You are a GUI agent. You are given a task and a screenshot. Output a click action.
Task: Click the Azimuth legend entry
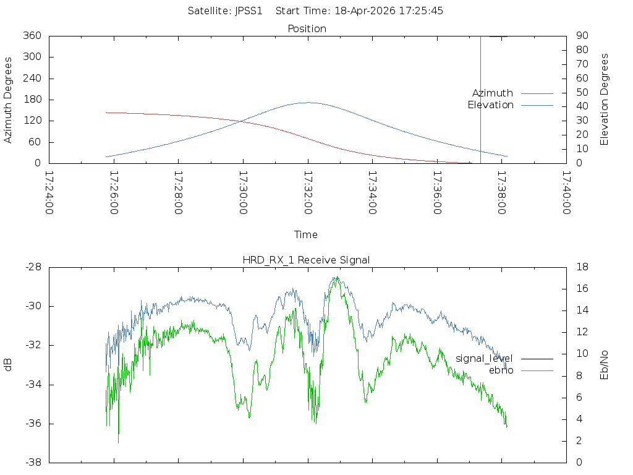pyautogui.click(x=493, y=93)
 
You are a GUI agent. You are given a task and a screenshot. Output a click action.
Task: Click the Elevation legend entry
pyautogui.click(x=490, y=105)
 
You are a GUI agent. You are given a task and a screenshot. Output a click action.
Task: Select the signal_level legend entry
pyautogui.click(x=484, y=359)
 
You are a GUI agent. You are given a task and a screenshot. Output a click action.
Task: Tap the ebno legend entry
pyautogui.click(x=501, y=370)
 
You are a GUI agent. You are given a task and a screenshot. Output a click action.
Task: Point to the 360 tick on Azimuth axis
pyautogui.click(x=32, y=36)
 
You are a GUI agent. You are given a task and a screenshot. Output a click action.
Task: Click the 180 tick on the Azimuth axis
pyautogui.click(x=32, y=100)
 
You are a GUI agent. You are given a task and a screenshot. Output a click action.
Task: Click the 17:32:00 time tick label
pyautogui.click(x=308, y=192)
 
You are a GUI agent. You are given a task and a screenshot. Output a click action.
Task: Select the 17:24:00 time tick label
pyautogui.click(x=49, y=192)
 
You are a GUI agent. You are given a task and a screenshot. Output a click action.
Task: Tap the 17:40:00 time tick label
pyautogui.click(x=566, y=192)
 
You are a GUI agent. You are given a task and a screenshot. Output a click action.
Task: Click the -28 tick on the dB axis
pyautogui.click(x=33, y=267)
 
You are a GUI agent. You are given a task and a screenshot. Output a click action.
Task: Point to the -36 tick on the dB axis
pyautogui.click(x=33, y=424)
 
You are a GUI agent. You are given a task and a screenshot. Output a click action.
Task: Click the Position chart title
pyautogui.click(x=307, y=29)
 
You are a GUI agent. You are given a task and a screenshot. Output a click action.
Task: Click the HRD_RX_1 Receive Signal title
pyautogui.click(x=306, y=260)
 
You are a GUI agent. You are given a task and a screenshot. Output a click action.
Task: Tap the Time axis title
pyautogui.click(x=305, y=235)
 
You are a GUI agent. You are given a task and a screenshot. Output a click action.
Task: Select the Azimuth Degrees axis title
pyautogui.click(x=9, y=100)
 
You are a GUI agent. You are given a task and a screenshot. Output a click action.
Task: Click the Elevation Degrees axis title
pyautogui.click(x=605, y=100)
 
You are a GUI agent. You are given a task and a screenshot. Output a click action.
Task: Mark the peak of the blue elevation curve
pyautogui.click(x=307, y=103)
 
